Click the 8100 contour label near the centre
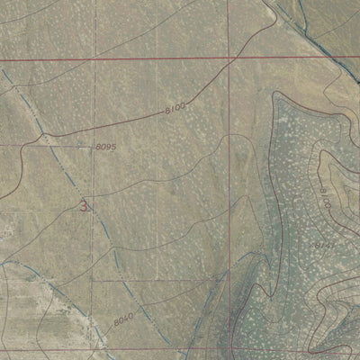coord(175,108)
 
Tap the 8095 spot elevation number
coord(106,146)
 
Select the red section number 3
coord(85,206)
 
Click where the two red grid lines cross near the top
coord(229,59)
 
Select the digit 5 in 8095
coord(114,146)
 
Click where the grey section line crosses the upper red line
coord(94,59)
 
